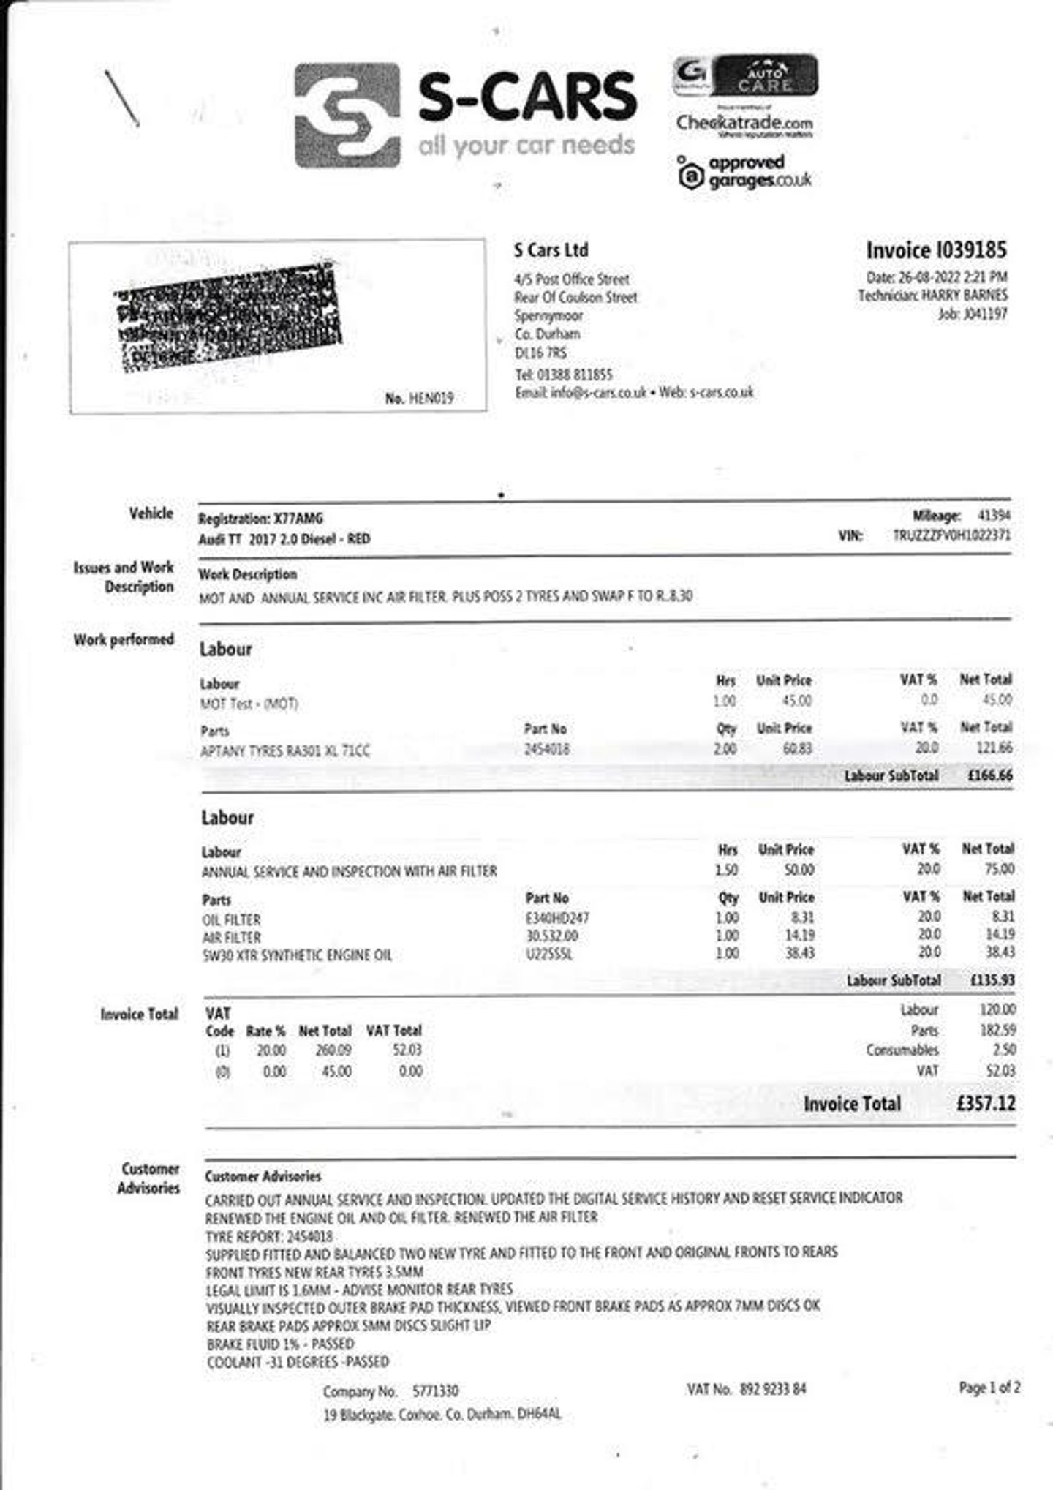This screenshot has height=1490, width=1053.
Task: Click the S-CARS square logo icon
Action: (347, 115)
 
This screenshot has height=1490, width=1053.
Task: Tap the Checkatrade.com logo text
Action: (744, 123)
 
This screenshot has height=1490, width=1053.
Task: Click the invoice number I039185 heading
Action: (936, 250)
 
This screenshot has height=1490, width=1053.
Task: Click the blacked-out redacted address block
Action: (229, 317)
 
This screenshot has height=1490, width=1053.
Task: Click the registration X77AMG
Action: (298, 519)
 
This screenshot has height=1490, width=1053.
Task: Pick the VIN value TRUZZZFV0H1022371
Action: (951, 535)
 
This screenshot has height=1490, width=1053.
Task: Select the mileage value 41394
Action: (994, 516)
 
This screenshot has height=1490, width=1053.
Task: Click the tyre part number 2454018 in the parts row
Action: (547, 749)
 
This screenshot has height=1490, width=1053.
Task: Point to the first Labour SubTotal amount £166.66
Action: (989, 775)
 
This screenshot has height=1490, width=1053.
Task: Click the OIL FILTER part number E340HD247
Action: (557, 918)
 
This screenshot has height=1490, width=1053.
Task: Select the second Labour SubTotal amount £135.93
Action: (992, 980)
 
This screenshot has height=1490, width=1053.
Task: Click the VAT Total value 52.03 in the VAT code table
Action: (407, 1050)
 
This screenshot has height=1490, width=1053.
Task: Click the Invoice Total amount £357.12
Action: (985, 1103)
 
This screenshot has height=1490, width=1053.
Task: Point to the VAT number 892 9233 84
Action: (772, 1388)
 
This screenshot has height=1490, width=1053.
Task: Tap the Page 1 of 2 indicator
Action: (989, 1388)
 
